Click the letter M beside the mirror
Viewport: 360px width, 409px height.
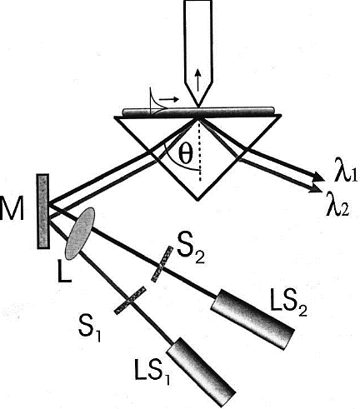pyautogui.click(x=12, y=207)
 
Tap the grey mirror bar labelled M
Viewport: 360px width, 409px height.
pyautogui.click(x=43, y=211)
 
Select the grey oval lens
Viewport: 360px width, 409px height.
pyautogui.click(x=80, y=233)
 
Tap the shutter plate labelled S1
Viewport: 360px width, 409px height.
pyautogui.click(x=131, y=300)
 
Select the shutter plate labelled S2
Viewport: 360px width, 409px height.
pyautogui.click(x=162, y=264)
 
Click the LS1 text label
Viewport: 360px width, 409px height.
pyautogui.click(x=152, y=371)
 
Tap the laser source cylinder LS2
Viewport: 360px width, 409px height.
pyautogui.click(x=252, y=320)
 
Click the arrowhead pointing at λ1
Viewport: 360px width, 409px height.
pyautogui.click(x=318, y=177)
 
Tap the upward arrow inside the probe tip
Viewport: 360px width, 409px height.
pyautogui.click(x=197, y=80)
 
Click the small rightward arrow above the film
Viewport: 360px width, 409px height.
pyautogui.click(x=169, y=98)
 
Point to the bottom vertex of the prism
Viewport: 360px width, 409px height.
pyautogui.click(x=197, y=200)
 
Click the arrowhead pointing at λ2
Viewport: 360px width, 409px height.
pyautogui.click(x=315, y=188)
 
